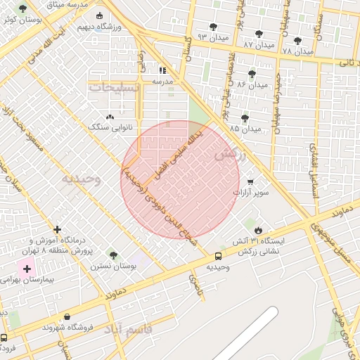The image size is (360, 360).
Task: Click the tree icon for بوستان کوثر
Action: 23,9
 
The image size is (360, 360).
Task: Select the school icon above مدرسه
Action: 163,70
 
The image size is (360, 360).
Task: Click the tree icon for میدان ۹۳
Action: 213,27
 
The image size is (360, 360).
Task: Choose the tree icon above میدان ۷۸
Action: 297,41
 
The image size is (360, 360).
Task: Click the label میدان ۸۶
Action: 252,84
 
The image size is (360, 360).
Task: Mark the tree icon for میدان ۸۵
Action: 245,118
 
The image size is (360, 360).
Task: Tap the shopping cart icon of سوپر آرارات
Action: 250,181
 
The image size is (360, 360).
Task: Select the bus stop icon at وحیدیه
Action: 218,257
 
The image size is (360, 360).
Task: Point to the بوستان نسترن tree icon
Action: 113,255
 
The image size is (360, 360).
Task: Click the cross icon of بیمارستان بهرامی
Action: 27,269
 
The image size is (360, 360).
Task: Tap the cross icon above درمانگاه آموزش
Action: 58,229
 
